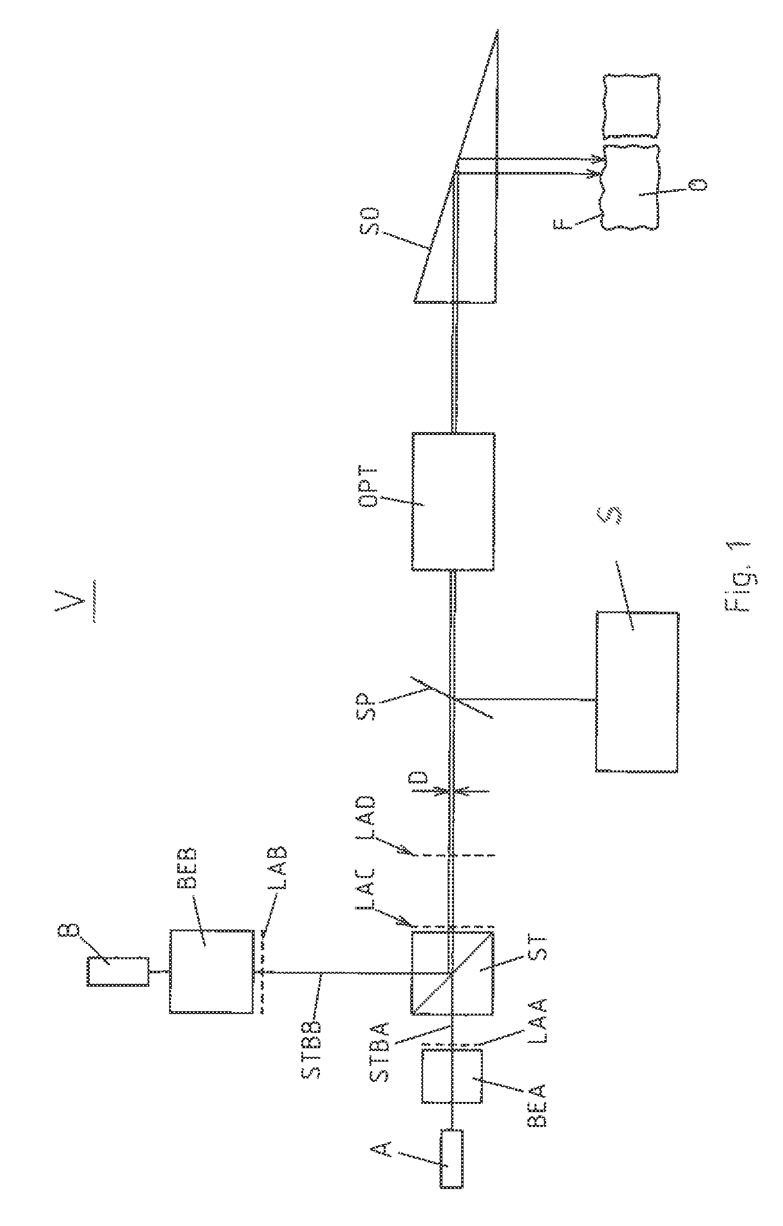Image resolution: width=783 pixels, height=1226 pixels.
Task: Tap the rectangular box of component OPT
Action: point(453,501)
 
